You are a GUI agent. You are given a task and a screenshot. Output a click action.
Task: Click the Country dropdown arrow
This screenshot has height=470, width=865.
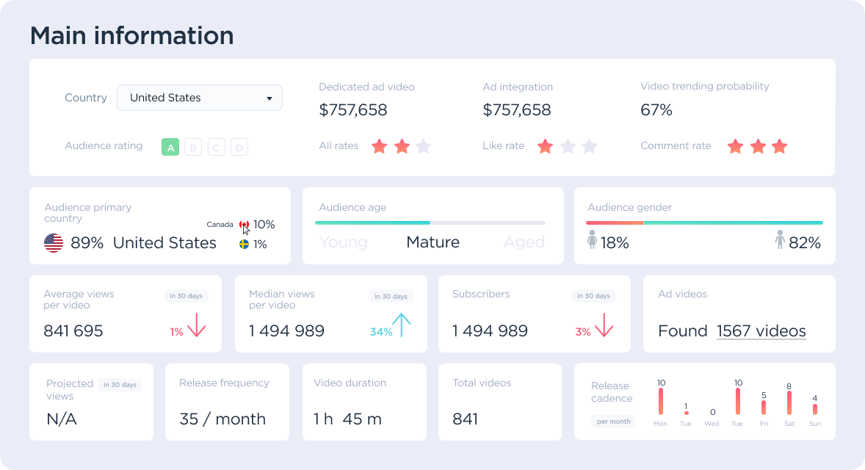point(269,98)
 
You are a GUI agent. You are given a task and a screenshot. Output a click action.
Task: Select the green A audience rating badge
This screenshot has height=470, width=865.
point(170,148)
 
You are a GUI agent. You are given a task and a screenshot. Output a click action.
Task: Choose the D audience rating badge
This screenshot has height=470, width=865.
point(239,148)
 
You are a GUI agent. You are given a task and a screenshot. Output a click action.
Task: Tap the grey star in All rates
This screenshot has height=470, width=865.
point(423,146)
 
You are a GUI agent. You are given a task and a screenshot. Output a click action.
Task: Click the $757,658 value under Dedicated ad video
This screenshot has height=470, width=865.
point(352,110)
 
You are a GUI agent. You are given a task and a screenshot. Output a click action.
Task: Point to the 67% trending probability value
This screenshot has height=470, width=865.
point(656,110)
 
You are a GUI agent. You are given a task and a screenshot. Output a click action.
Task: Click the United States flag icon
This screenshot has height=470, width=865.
point(54,243)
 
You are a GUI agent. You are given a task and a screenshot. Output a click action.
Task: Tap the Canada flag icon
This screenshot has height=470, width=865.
point(245,225)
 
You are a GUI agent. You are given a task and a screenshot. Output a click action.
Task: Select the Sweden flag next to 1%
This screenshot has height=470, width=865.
point(245,244)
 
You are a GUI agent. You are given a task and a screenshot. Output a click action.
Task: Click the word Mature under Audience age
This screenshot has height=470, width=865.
point(432,242)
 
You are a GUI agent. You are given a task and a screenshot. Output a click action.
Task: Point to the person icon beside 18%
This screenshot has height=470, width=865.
point(592,240)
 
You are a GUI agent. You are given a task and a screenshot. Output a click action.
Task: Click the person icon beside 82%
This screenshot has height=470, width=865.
point(780,240)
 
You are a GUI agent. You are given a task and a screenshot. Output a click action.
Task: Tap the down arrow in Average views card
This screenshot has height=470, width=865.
point(196,325)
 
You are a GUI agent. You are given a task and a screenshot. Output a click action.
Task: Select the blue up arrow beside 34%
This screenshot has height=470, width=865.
point(401,325)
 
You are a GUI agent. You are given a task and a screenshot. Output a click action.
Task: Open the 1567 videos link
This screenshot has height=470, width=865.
point(761,331)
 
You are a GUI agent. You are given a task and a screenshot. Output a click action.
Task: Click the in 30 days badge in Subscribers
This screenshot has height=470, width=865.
point(593,296)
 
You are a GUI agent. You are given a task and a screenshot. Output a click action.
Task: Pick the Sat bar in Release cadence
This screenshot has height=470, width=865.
point(789,403)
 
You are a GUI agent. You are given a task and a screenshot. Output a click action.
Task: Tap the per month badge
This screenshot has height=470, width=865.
point(614,422)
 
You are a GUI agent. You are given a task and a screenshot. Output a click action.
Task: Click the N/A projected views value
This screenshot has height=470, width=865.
point(62,419)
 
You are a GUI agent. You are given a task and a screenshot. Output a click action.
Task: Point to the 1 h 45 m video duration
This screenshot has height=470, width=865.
point(347,419)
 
